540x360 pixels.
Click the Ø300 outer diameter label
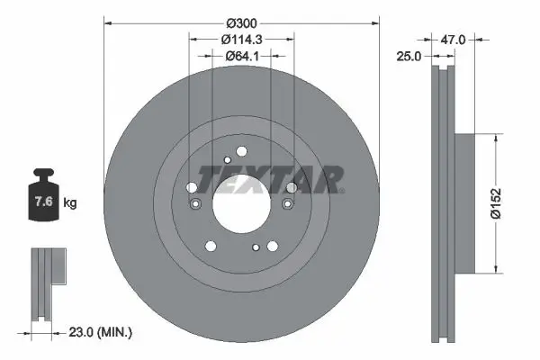[241, 22]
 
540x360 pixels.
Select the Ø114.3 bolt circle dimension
[241, 39]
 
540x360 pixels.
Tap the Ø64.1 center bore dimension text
[241, 56]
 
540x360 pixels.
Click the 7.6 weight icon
[43, 201]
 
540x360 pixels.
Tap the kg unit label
[71, 202]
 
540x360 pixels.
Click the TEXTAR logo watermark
[270, 180]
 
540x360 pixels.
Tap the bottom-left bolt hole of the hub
[210, 245]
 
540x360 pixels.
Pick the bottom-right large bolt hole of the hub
[273, 245]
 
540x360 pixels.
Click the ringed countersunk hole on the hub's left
[196, 204]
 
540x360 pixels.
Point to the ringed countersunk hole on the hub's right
[287, 204]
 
